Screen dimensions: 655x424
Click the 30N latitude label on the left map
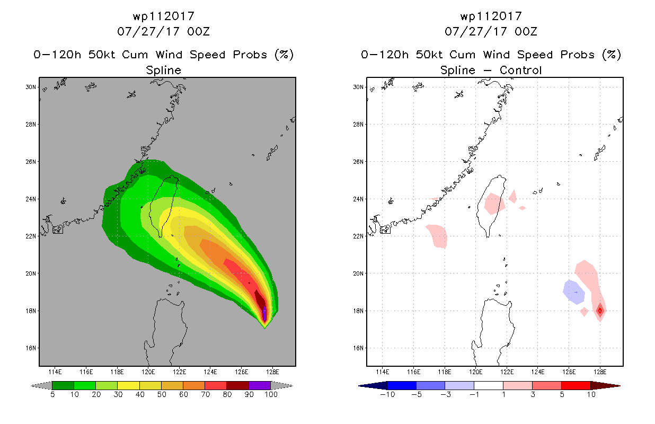[31, 87]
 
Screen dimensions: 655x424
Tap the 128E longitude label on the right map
[600, 372]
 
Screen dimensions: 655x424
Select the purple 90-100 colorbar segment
[260, 385]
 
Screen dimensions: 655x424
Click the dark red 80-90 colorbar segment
[238, 385]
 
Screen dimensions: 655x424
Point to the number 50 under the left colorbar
[162, 394]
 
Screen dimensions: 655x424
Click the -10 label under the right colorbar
[387, 394]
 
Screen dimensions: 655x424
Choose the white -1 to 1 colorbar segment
[489, 385]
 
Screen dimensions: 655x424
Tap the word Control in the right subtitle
[520, 70]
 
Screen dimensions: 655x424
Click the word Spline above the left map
[163, 70]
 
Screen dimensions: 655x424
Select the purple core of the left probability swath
[264, 313]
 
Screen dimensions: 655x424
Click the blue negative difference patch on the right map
[574, 292]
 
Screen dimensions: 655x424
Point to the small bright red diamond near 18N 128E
[600, 311]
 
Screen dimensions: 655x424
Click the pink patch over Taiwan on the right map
[494, 204]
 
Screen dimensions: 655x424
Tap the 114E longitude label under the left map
[55, 372]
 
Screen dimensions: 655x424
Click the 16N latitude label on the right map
[358, 348]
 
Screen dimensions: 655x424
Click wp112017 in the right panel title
[491, 16]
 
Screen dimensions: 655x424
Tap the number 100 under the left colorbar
[271, 394]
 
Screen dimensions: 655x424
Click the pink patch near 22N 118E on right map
[437, 236]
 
